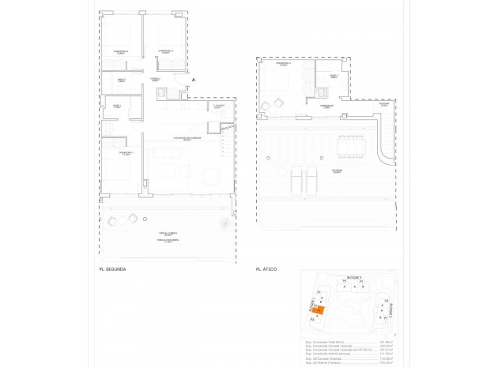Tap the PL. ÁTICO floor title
click(x=267, y=270)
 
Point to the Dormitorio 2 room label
click(x=165, y=51)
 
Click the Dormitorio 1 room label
click(x=126, y=153)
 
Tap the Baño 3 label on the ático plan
click(x=334, y=77)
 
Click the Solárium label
click(x=337, y=170)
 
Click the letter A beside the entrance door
click(x=193, y=81)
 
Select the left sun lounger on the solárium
click(x=297, y=180)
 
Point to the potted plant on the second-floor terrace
click(x=225, y=225)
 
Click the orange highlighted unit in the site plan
click(x=315, y=310)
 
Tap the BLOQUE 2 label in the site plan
click(x=354, y=279)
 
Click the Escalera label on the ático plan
click(x=383, y=104)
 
